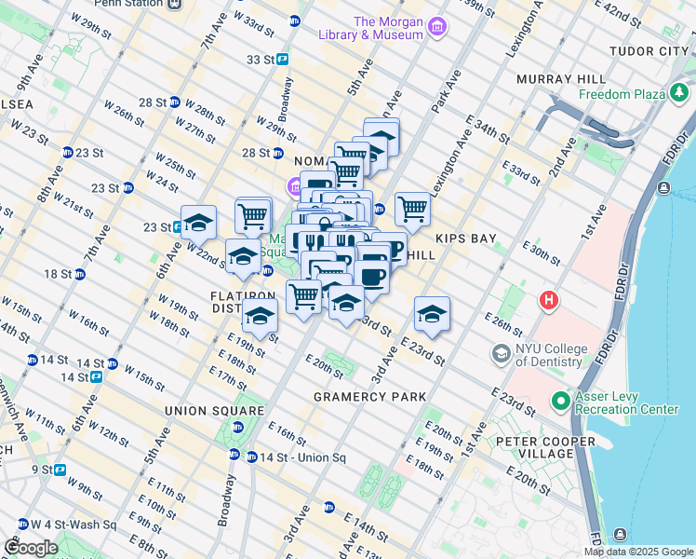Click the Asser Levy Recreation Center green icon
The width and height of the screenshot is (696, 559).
pyautogui.click(x=561, y=402)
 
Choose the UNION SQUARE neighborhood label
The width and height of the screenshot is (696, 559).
pyautogui.click(x=214, y=411)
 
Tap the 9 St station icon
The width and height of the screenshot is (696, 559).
pyautogui.click(x=60, y=470)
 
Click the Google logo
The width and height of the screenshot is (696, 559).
pyautogui.click(x=31, y=548)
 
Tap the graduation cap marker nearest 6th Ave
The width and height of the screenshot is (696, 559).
pyautogui.click(x=198, y=224)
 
